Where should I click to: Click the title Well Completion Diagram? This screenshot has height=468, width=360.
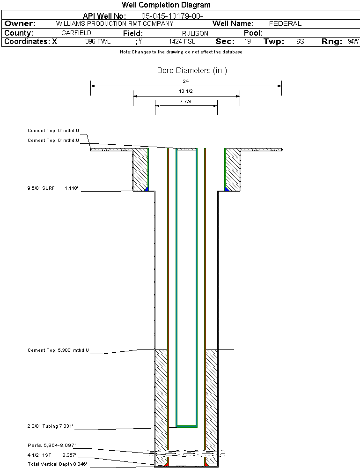pyautogui.click(x=166, y=5)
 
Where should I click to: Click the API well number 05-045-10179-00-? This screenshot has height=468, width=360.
pyautogui.click(x=172, y=16)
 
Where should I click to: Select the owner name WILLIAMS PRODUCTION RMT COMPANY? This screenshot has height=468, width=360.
pyautogui.click(x=114, y=23)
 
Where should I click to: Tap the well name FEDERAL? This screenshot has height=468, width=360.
pyautogui.click(x=285, y=23)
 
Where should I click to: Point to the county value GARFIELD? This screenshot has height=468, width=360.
pyautogui.click(x=76, y=33)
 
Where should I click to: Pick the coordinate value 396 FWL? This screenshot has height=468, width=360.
pyautogui.click(x=98, y=42)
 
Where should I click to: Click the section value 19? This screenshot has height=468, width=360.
pyautogui.click(x=248, y=42)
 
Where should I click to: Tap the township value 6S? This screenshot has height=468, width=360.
pyautogui.click(x=300, y=42)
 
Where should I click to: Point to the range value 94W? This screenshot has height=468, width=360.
pyautogui.click(x=353, y=42)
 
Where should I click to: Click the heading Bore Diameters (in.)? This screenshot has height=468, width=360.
pyautogui.click(x=192, y=71)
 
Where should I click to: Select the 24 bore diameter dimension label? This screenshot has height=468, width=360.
pyautogui.click(x=186, y=81)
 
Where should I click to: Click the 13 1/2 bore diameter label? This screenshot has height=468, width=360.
pyautogui.click(x=186, y=91)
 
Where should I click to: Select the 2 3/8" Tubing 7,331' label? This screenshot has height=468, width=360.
pyautogui.click(x=50, y=426)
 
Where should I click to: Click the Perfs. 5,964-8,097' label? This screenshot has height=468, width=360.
pyautogui.click(x=51, y=445)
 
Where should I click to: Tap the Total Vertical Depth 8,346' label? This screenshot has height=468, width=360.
pyautogui.click(x=57, y=464)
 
